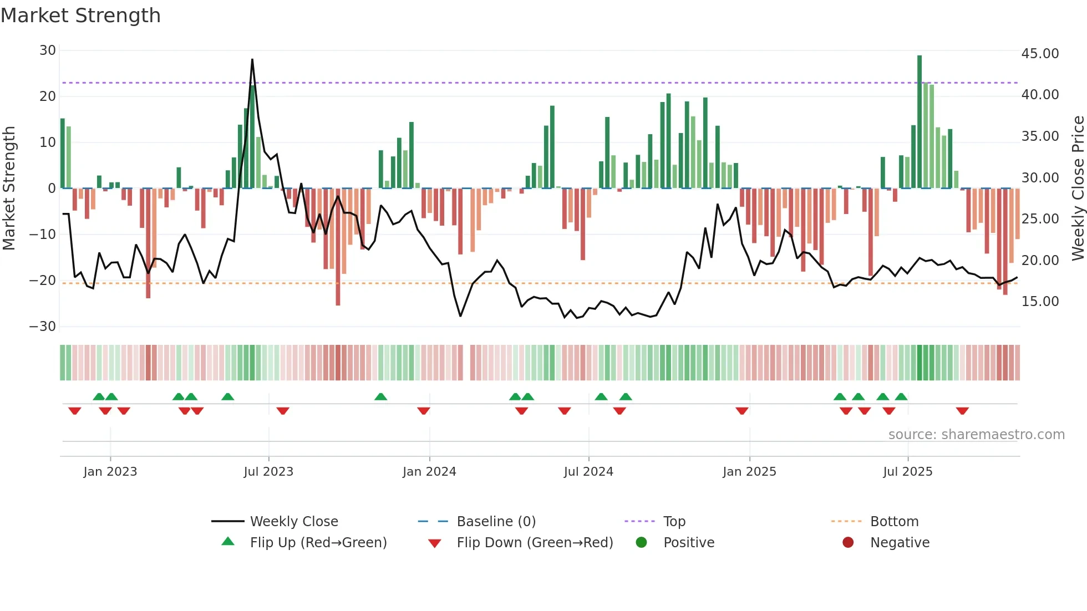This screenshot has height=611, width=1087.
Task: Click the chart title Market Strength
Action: pyautogui.click(x=80, y=16)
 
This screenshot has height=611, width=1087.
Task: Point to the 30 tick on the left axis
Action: pyautogui.click(x=48, y=50)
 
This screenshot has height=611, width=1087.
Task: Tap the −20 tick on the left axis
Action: pyautogui.click(x=43, y=281)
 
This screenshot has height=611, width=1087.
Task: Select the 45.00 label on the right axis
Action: pyautogui.click(x=1040, y=54)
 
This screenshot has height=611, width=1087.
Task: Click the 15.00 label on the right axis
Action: pyautogui.click(x=1040, y=302)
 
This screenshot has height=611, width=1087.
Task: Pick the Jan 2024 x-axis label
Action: pyautogui.click(x=429, y=472)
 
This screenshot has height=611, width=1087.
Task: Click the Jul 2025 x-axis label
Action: pyautogui.click(x=907, y=472)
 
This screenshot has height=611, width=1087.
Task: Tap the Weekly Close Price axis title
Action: pyautogui.click(x=1078, y=189)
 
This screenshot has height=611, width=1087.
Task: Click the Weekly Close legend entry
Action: pyautogui.click(x=293, y=522)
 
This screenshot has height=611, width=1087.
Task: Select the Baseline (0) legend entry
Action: pyautogui.click(x=496, y=522)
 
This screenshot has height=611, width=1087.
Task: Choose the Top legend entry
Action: pyautogui.click(x=674, y=522)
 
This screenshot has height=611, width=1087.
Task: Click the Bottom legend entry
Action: pyautogui.click(x=894, y=522)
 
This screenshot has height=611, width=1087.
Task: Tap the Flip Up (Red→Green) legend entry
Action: pyautogui.click(x=318, y=543)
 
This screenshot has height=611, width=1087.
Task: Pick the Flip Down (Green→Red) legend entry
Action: pyautogui.click(x=535, y=543)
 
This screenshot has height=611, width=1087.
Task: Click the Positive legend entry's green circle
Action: pyautogui.click(x=641, y=543)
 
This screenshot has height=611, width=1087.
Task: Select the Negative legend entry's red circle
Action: pyautogui.click(x=848, y=543)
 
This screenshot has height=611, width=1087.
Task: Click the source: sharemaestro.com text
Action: pyautogui.click(x=976, y=435)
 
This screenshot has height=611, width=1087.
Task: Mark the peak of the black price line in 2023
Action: pyautogui.click(x=252, y=60)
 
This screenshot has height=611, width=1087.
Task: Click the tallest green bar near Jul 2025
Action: pyautogui.click(x=920, y=122)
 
